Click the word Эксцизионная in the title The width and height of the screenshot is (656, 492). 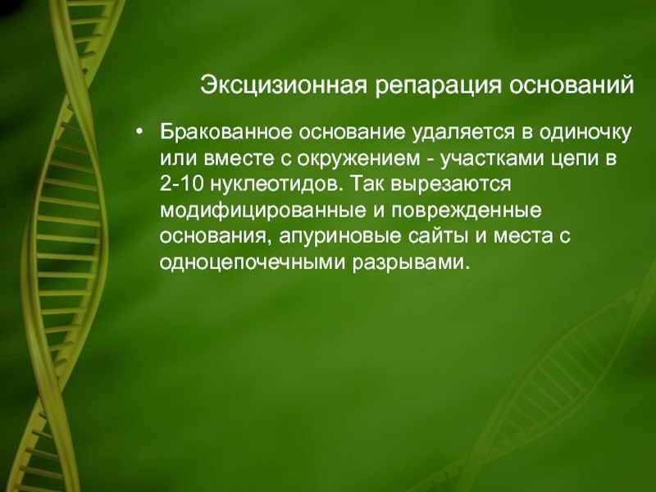[284, 85]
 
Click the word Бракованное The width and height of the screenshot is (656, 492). [226, 132]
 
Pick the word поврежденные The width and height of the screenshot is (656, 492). [467, 212]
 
